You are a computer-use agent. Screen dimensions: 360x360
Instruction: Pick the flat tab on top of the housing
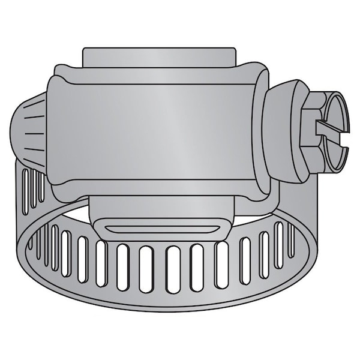tap(159, 57)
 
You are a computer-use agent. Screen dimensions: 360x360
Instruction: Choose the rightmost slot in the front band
tap(292, 239)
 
